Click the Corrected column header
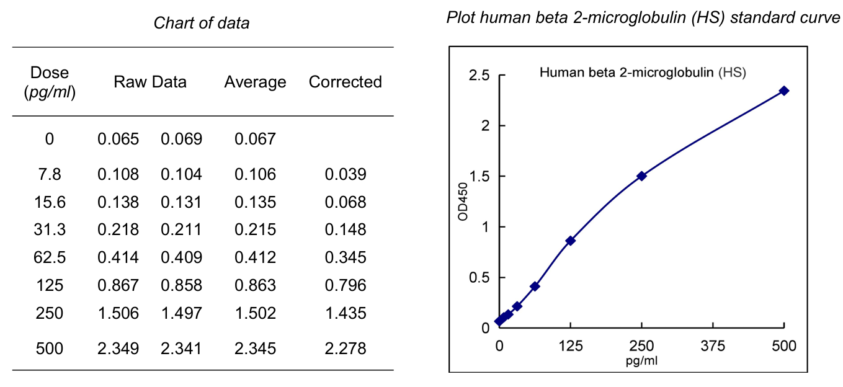point(345,82)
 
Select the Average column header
point(255,82)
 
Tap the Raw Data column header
point(150,82)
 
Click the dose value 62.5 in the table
point(50,257)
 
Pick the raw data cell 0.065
point(118,138)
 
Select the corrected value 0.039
point(346,174)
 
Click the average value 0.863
point(255,285)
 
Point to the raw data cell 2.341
point(182,349)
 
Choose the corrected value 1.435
point(346,313)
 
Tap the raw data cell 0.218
point(118,229)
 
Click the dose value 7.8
point(50,174)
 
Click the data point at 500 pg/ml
point(784,91)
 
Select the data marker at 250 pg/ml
point(641,176)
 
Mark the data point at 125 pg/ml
point(570,241)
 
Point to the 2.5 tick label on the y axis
point(479,75)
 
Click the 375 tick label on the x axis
point(713,346)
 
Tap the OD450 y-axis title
point(462,202)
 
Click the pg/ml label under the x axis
point(641,360)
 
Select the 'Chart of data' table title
point(202,24)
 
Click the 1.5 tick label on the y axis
point(479,176)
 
